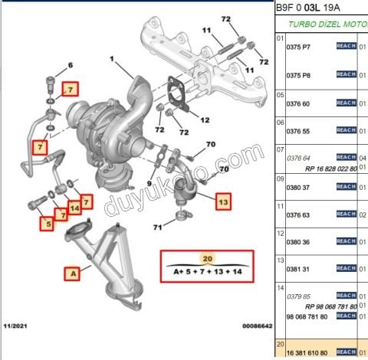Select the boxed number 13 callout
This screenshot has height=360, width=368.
point(222,203)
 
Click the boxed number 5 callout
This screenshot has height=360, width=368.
point(48,224)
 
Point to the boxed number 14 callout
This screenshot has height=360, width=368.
point(75,208)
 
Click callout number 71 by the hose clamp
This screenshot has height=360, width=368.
point(157,227)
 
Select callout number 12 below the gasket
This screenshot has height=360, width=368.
point(204,120)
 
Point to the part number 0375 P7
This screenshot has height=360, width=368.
point(298,47)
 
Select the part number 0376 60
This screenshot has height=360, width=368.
point(297,103)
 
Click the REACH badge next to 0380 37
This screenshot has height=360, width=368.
point(347,186)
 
